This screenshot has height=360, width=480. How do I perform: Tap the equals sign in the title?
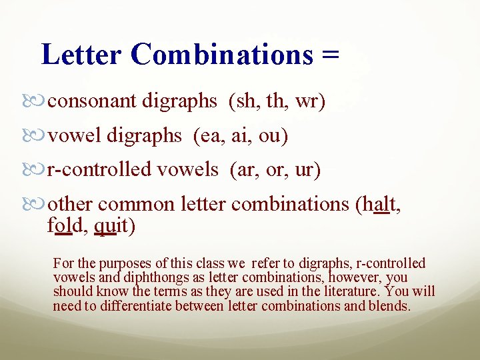point(330,55)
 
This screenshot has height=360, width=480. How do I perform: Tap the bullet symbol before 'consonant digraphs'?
point(39,102)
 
